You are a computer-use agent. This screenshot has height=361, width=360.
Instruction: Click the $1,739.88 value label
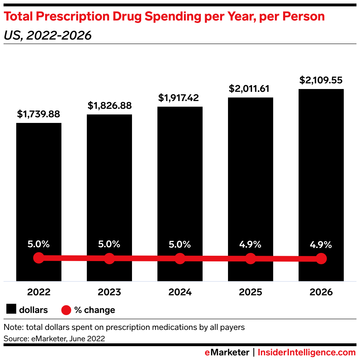coord(38,114)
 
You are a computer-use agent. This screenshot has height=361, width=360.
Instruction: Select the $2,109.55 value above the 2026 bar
coord(321,80)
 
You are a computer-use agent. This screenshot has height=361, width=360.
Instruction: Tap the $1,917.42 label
coord(180,98)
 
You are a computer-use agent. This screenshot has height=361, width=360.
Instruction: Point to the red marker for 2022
coord(38,258)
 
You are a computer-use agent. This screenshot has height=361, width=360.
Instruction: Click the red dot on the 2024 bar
coord(180,258)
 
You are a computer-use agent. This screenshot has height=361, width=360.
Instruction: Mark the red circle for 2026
coord(321,259)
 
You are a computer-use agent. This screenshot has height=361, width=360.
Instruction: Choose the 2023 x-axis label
coord(109,292)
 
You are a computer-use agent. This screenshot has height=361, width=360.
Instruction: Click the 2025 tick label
coord(251,292)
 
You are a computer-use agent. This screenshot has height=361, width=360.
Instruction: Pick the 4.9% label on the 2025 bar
coord(250,244)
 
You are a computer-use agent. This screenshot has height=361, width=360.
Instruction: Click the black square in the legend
coord(11,310)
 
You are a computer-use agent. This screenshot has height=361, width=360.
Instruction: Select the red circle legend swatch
coord(66,310)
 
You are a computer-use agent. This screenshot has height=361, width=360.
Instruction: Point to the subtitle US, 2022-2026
coord(47,36)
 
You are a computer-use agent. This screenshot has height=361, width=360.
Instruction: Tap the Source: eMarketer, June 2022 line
coord(54,338)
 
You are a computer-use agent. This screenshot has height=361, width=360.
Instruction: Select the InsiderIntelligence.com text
coord(306,352)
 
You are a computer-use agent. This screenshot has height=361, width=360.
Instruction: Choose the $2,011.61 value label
coord(251,89)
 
